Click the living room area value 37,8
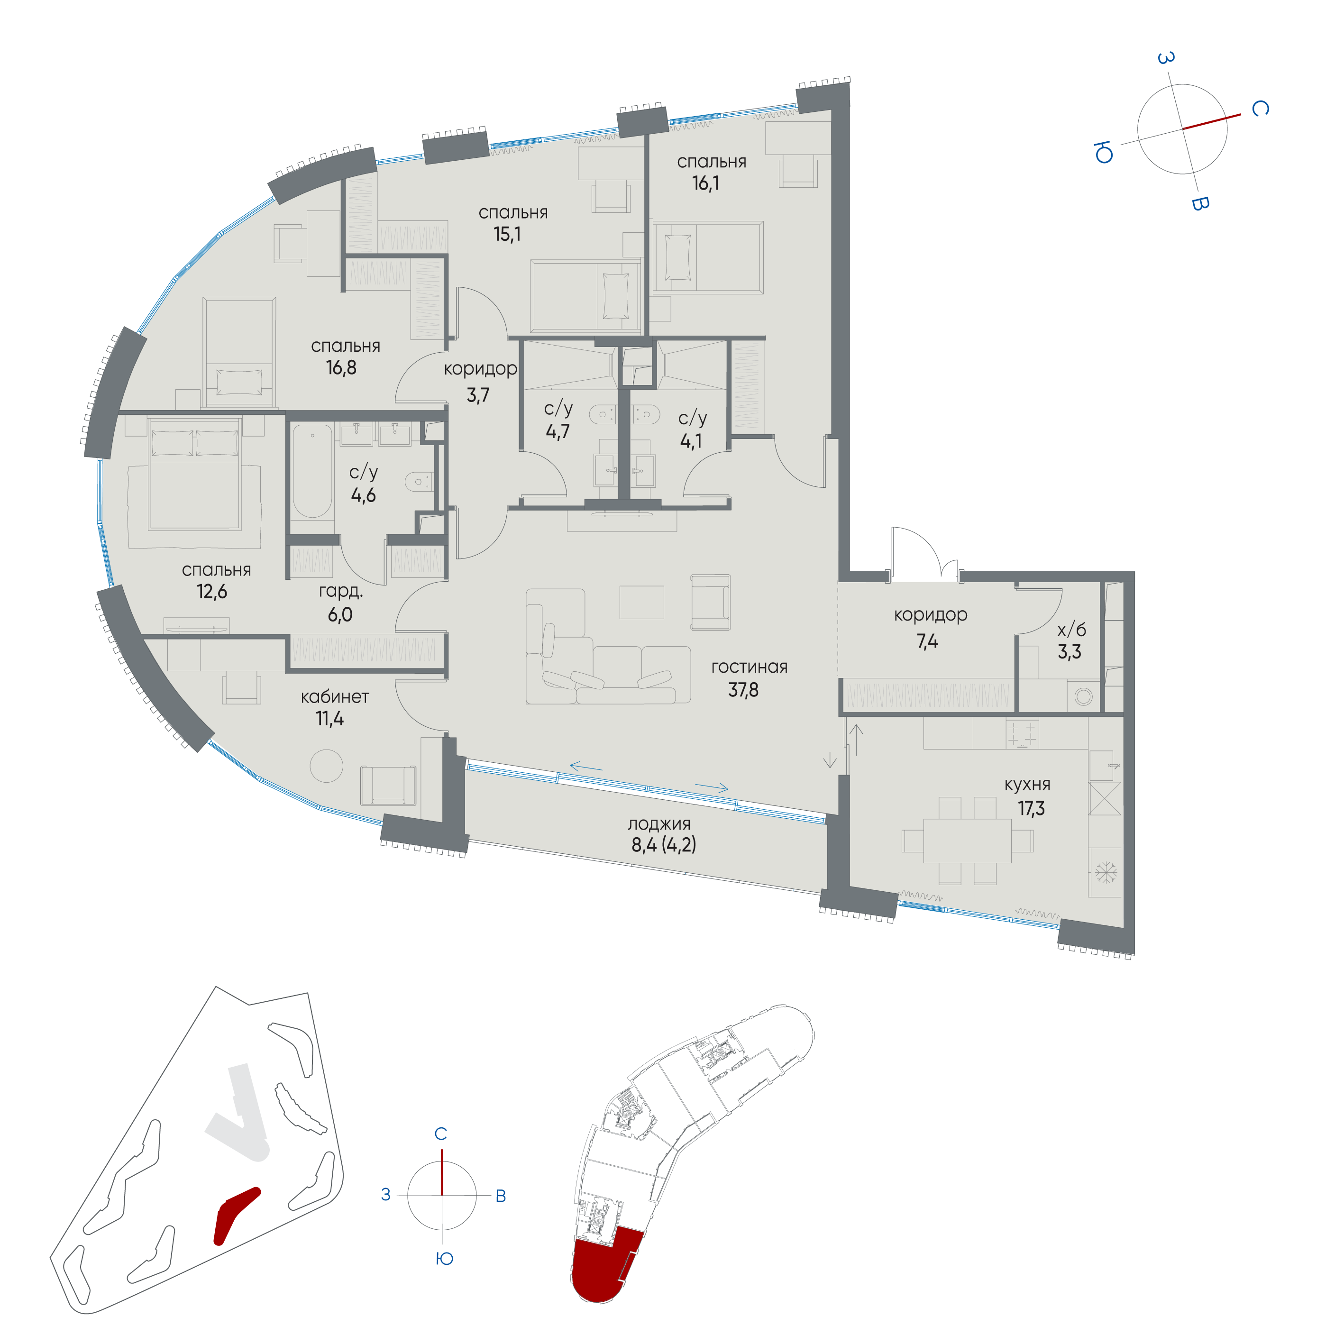pyautogui.click(x=743, y=690)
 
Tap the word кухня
pyautogui.click(x=1027, y=784)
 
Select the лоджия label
pyautogui.click(x=659, y=824)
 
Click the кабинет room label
pyautogui.click(x=335, y=696)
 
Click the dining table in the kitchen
pyautogui.click(x=967, y=841)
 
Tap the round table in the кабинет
pyautogui.click(x=326, y=766)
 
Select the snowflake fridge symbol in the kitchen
pyautogui.click(x=1106, y=872)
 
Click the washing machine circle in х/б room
pyautogui.click(x=1083, y=696)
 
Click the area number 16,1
pyautogui.click(x=705, y=183)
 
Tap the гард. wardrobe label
pyautogui.click(x=341, y=591)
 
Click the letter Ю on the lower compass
pyautogui.click(x=444, y=1258)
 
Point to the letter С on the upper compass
pyautogui.click(x=1259, y=109)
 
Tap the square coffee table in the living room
pyautogui.click(x=641, y=602)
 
